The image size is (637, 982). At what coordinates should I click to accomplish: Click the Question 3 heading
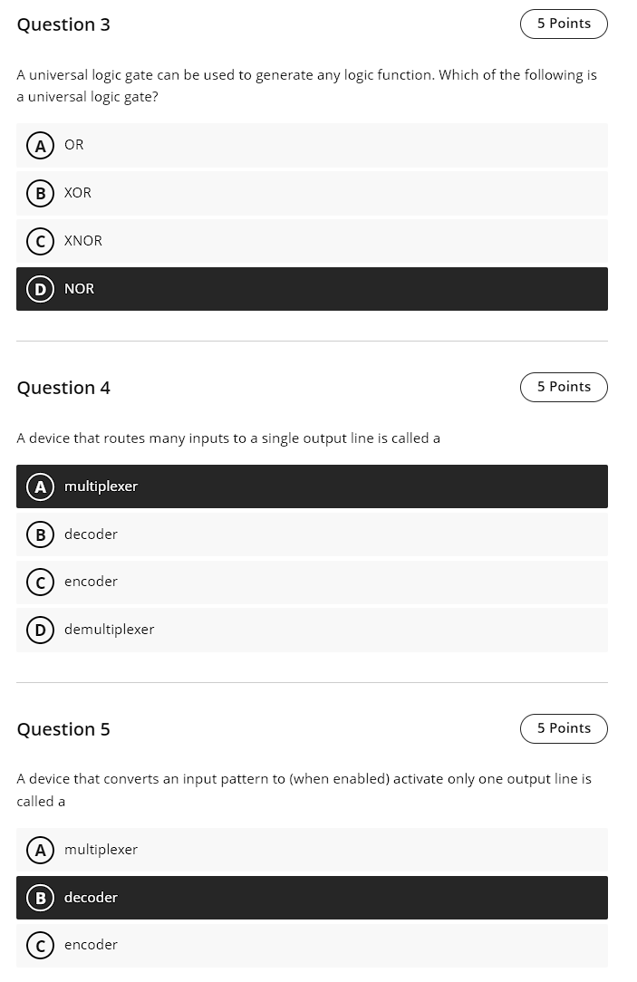click(63, 24)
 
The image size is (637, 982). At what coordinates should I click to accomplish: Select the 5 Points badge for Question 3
click(563, 24)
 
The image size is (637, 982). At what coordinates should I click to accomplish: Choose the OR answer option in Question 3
click(74, 145)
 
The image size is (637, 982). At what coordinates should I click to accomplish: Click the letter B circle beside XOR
click(40, 193)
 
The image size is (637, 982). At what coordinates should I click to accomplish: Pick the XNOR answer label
click(83, 241)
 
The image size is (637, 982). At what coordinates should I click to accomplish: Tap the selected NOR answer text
click(80, 289)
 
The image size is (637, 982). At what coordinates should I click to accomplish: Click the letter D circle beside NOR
click(40, 289)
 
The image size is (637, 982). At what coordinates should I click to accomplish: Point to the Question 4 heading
click(63, 388)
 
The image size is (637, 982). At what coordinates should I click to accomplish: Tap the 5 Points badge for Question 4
click(563, 387)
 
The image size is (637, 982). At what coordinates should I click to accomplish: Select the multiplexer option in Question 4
click(101, 486)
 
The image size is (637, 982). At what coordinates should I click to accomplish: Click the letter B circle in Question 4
click(40, 534)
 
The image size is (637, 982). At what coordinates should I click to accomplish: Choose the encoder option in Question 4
click(91, 582)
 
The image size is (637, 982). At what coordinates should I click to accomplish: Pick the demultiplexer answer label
click(109, 630)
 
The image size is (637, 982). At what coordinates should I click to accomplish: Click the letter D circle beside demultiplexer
click(40, 630)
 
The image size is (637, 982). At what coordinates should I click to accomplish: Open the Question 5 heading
click(63, 729)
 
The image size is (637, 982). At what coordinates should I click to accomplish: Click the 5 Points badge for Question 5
click(563, 728)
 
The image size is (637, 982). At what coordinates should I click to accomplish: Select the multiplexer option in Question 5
click(101, 850)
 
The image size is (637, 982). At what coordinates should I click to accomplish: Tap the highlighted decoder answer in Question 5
click(91, 898)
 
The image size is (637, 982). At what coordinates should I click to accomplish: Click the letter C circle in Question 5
click(40, 945)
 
